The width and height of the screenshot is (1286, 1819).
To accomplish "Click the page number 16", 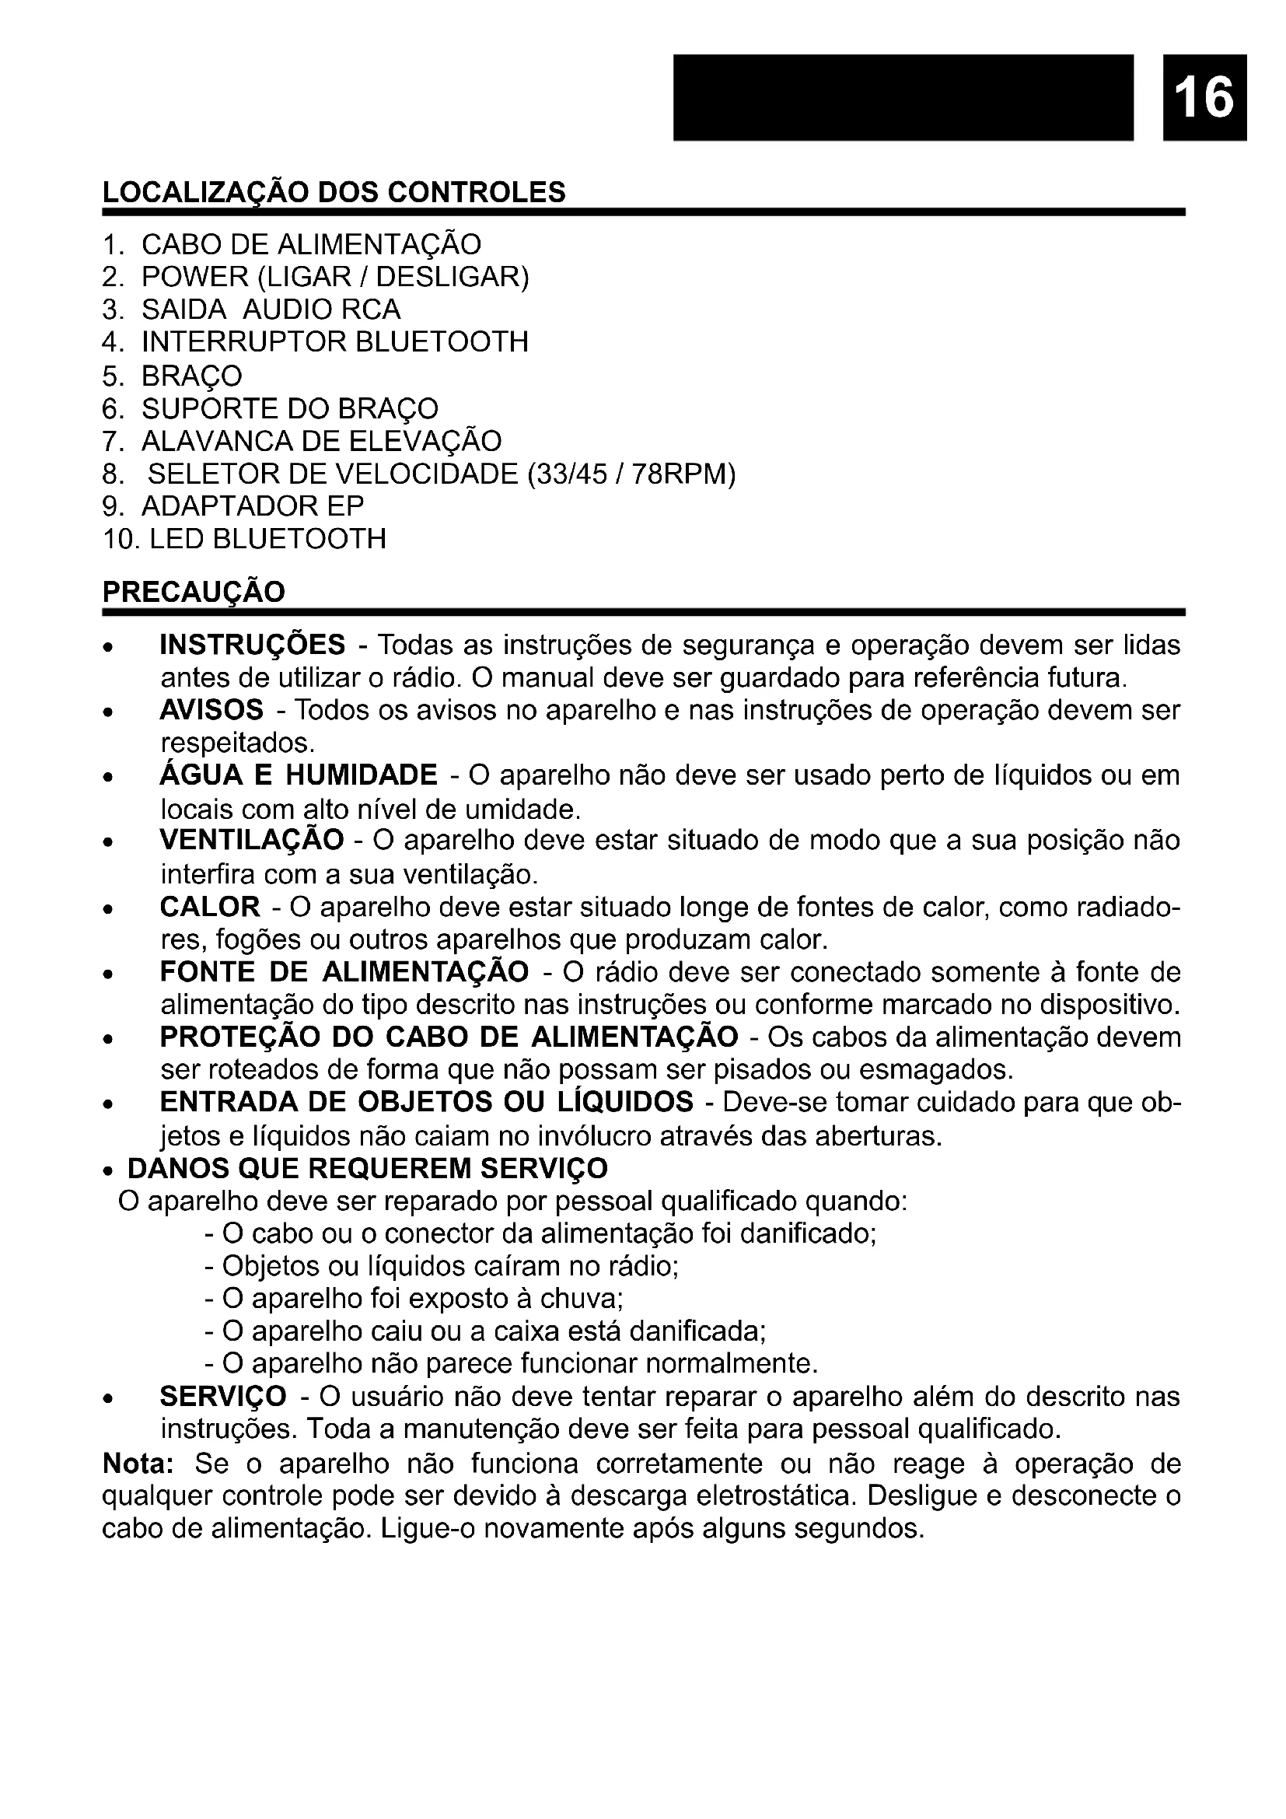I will coord(1204,96).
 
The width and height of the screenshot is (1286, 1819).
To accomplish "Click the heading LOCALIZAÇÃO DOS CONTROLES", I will coord(334,193).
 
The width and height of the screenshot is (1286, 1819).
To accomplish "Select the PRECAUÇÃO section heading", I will coord(194,593).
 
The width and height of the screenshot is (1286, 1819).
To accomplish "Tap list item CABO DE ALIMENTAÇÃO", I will coord(310,244).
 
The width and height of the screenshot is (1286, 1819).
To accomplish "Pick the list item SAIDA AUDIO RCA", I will coord(271,309).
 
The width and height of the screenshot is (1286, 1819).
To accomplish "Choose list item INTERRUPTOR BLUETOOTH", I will coord(334,342).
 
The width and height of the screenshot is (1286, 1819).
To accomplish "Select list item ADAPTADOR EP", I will coord(253,506).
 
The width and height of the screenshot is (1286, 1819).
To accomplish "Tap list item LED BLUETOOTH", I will coord(267,539).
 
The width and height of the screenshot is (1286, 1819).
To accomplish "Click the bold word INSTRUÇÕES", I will coord(253,645).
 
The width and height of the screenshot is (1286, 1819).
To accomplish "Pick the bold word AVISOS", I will coord(211,710).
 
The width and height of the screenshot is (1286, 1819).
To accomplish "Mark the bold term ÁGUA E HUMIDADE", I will coord(299,775).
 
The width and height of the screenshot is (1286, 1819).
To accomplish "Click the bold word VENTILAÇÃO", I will coord(252,840).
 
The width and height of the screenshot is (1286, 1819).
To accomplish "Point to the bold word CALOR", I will coord(210,906).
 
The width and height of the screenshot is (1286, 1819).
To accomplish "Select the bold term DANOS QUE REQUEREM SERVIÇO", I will coord(368,1168).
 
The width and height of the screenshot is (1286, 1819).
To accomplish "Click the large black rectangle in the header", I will coord(903,96).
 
